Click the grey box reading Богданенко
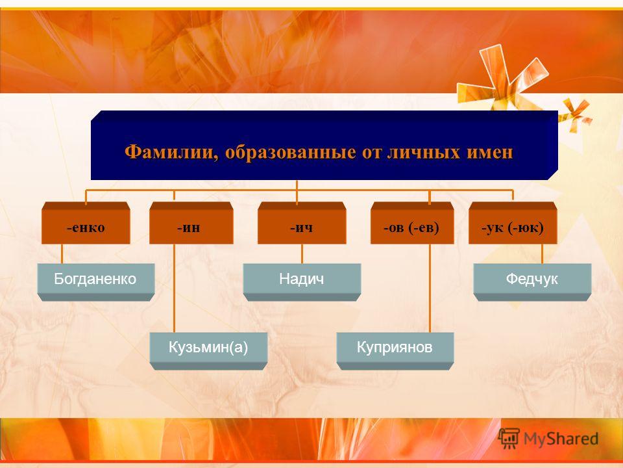96,282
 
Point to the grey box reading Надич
302,282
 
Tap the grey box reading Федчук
532,282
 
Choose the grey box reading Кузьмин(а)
208,351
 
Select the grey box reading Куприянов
395,351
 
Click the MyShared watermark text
561,439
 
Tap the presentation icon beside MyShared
509,438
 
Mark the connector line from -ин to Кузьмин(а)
174,288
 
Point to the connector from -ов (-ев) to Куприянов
430,288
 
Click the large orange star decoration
502,79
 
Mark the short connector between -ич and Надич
302,253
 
